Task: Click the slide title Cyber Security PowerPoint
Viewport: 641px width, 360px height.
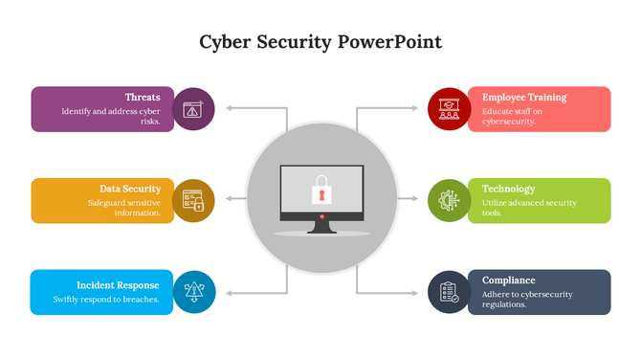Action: tap(320, 43)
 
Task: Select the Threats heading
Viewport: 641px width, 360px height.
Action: tap(143, 97)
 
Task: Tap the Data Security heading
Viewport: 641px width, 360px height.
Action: tap(130, 189)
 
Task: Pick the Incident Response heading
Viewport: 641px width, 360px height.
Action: tap(118, 285)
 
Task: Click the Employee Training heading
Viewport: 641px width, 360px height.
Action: tap(524, 97)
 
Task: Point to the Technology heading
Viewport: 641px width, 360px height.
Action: tap(509, 189)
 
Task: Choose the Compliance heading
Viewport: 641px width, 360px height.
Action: tap(509, 281)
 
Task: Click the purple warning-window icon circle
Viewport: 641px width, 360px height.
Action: tap(194, 109)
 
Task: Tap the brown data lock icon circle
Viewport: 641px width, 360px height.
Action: tap(194, 200)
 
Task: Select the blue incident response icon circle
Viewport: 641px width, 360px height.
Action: tap(194, 292)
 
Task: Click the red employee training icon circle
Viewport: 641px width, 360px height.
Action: tap(448, 108)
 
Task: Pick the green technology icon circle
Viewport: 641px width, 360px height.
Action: tap(448, 200)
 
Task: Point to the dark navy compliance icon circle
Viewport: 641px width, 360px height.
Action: tap(448, 292)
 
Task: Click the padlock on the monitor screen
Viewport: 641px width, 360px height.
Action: tap(321, 191)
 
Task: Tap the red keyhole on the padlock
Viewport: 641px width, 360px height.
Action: tap(321, 195)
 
